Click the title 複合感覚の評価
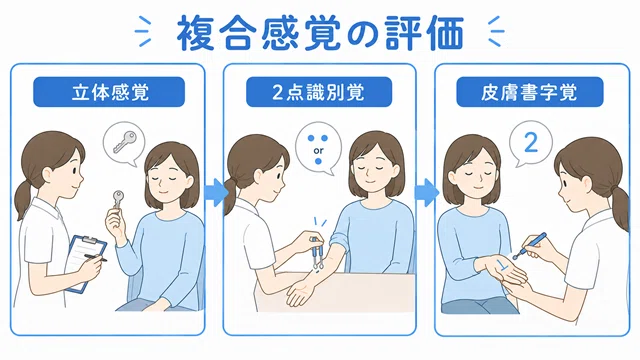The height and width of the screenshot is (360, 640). tap(320, 33)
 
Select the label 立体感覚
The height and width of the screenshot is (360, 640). tap(109, 93)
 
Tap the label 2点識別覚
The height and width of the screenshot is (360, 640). tap(318, 93)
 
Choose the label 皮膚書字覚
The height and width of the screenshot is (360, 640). tap(529, 93)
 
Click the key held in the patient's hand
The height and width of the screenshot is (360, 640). tap(118, 200)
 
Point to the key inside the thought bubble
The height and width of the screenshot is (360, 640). tap(124, 141)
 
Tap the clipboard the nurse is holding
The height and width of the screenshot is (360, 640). tap(86, 263)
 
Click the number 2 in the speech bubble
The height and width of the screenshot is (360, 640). tap(531, 142)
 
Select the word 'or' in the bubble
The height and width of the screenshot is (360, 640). tap(318, 151)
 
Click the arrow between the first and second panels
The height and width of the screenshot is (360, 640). tap(216, 193)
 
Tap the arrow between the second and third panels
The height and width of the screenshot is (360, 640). tap(426, 193)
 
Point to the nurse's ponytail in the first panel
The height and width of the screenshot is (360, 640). tap(23, 200)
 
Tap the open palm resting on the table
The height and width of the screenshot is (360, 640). tap(301, 292)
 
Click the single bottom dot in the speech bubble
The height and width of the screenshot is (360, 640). tap(318, 162)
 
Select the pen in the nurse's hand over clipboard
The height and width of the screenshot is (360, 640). tap(96, 257)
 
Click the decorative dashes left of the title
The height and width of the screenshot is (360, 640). tap(144, 31)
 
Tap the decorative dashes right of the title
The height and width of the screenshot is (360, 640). tap(495, 31)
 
